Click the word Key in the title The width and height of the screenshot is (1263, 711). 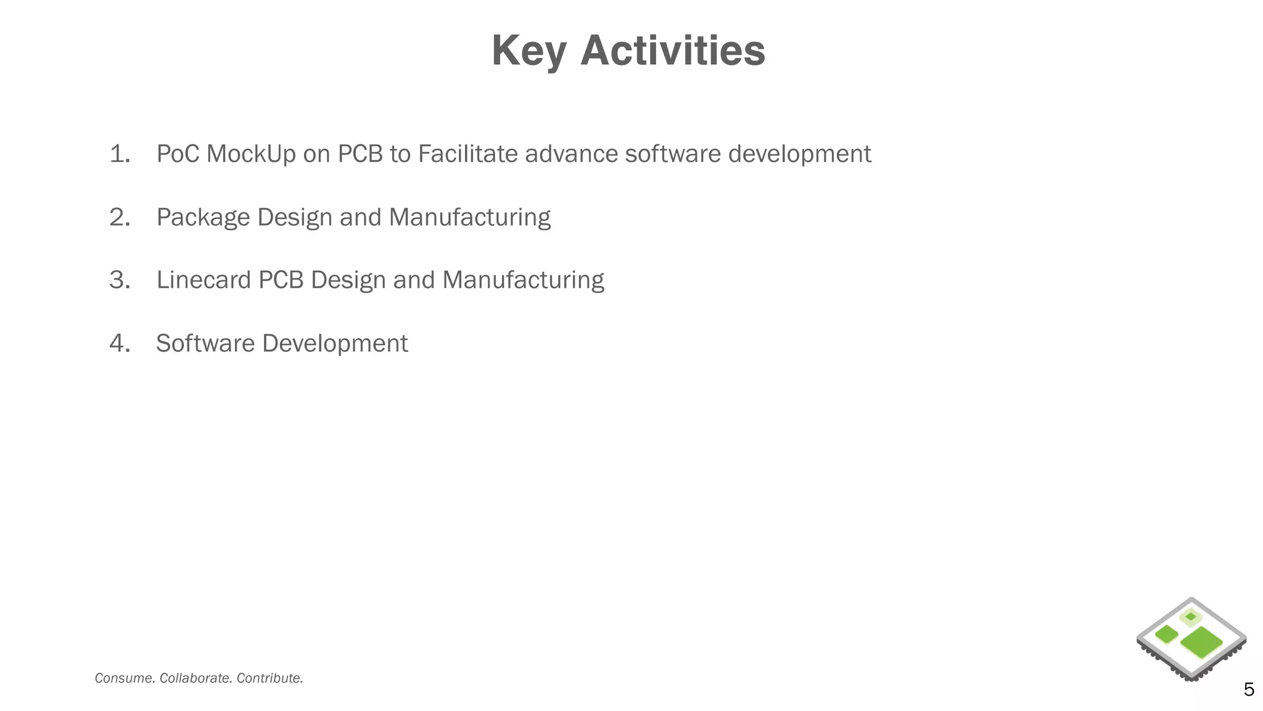tap(529, 51)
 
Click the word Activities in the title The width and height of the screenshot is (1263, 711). tap(673, 51)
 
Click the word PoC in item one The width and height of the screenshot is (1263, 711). tap(178, 154)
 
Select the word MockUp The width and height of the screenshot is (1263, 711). tap(251, 154)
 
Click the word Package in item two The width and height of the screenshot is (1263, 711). tap(204, 217)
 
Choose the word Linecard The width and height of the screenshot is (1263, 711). tap(204, 280)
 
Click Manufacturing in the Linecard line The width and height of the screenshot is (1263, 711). tap(523, 280)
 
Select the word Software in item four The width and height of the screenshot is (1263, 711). tap(205, 343)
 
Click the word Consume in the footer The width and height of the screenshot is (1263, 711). tap(125, 678)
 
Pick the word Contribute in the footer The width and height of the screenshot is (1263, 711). tap(269, 678)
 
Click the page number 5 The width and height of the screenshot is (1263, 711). tap(1249, 689)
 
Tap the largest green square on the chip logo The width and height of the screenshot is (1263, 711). tap(1201, 642)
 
